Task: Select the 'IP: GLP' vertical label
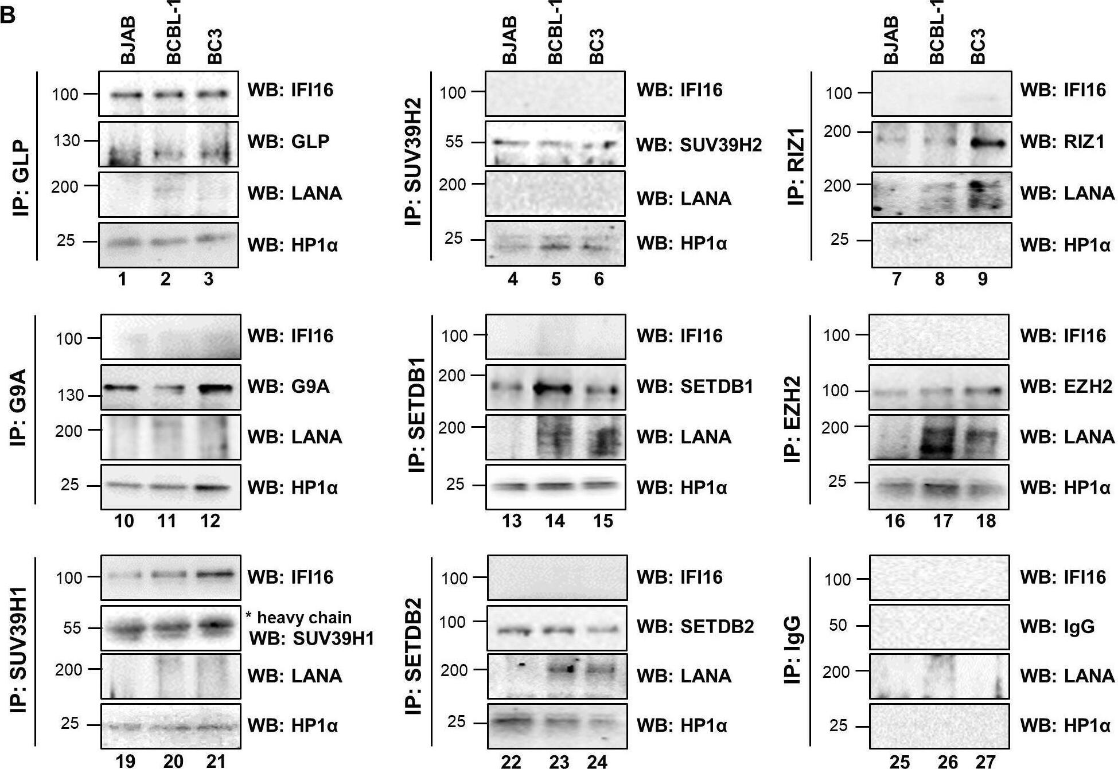pos(21,179)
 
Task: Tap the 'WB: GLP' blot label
pos(289,141)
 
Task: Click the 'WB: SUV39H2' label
pos(699,145)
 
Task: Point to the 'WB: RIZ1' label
pos(1062,141)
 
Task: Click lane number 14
pos(555,521)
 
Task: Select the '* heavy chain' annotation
pos(298,618)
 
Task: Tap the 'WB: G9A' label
pos(289,386)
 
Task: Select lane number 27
pos(985,761)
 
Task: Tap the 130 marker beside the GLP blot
pos(67,140)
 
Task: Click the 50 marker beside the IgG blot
pos(838,625)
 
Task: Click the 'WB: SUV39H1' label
pos(311,638)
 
